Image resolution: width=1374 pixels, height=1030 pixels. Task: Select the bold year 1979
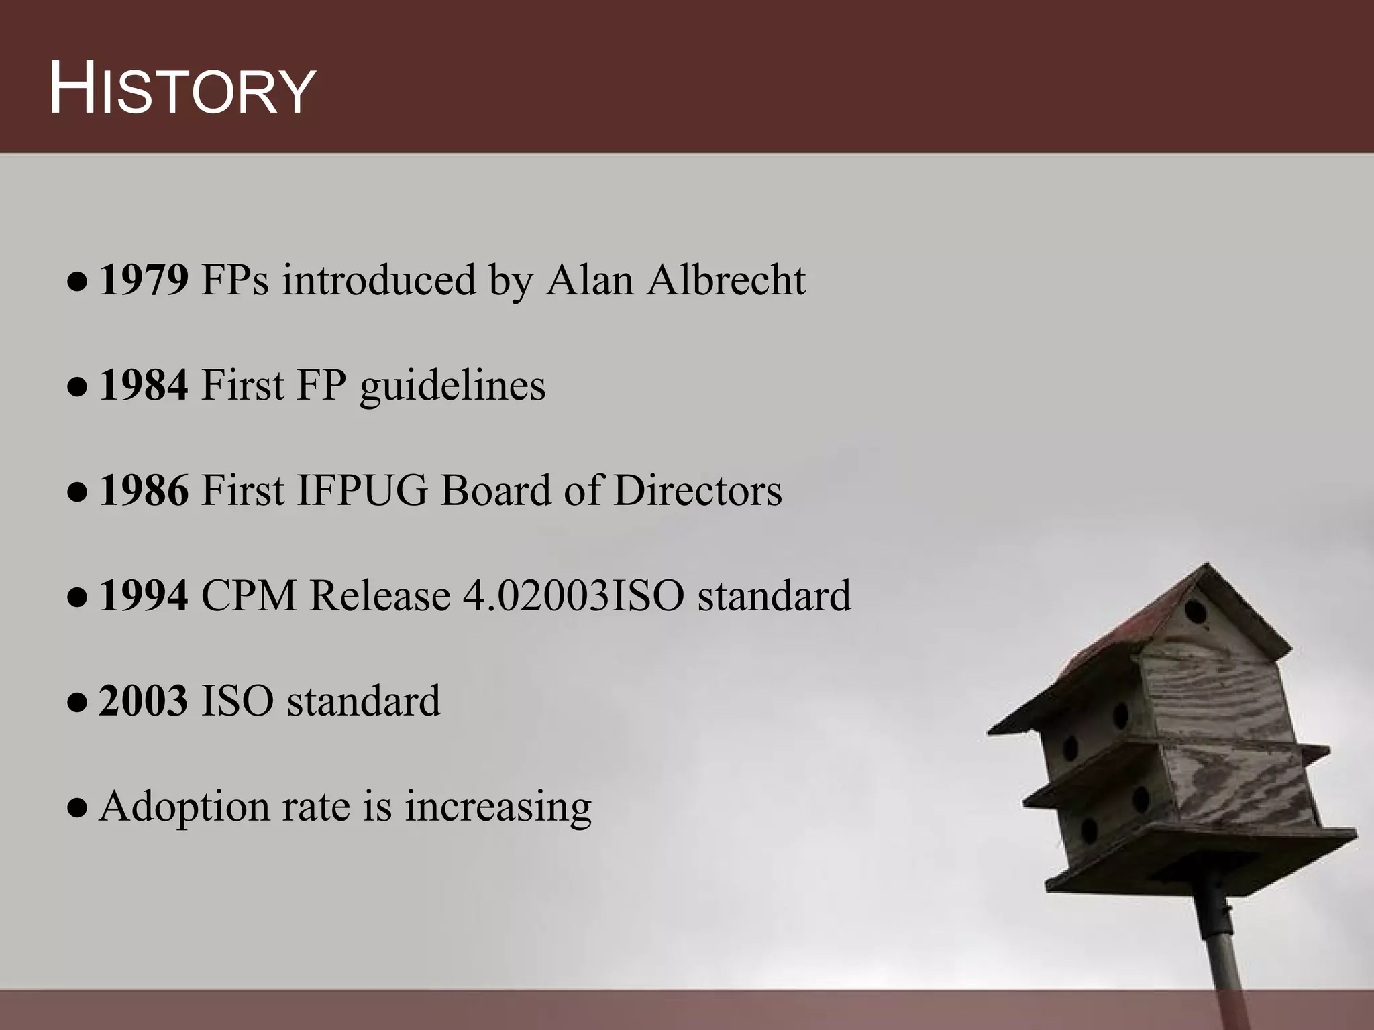click(144, 280)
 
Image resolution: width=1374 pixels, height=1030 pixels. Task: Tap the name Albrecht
click(726, 280)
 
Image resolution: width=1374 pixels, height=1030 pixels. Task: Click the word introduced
click(378, 280)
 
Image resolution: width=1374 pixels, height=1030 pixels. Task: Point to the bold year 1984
click(144, 386)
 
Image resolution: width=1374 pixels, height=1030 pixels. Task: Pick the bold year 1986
click(144, 491)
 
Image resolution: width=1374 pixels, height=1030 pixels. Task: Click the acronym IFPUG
click(362, 491)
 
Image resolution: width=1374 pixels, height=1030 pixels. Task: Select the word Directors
click(697, 491)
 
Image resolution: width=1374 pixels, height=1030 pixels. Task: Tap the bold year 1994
click(144, 596)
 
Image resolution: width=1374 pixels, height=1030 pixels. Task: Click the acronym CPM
click(248, 596)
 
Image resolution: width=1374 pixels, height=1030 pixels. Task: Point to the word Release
click(380, 596)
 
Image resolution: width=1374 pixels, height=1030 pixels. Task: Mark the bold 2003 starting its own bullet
click(144, 701)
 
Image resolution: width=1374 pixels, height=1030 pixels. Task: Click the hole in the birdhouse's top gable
click(1196, 612)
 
